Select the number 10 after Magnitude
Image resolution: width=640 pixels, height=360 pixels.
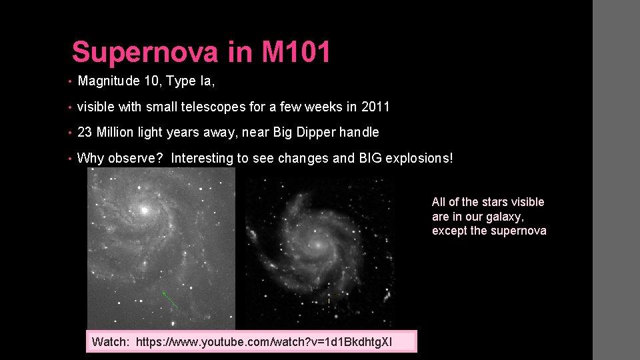(151, 81)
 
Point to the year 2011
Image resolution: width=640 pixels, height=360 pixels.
(376, 107)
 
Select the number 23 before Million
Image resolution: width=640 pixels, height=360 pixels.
(85, 133)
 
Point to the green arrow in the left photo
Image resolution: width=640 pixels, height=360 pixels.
(171, 299)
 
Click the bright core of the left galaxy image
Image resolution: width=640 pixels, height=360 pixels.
(143, 210)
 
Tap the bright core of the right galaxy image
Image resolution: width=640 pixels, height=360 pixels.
(319, 244)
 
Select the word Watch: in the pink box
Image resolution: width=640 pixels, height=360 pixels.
(111, 342)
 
